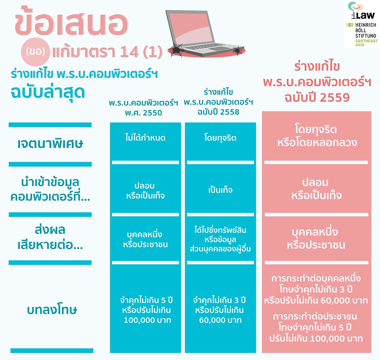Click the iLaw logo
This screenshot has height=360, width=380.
(x=361, y=11)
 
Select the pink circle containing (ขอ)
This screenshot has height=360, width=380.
(x=35, y=52)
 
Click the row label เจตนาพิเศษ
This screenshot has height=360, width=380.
(x=50, y=144)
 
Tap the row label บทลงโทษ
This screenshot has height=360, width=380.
(x=52, y=310)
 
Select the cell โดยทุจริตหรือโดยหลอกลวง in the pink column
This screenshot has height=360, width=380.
(x=317, y=135)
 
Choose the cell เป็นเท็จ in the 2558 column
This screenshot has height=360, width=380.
(x=220, y=190)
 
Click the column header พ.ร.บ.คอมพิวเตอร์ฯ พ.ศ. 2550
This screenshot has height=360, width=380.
(x=144, y=108)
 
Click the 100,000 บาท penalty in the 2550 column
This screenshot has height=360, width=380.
(x=147, y=320)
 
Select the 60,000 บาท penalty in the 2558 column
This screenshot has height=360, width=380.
(x=220, y=320)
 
